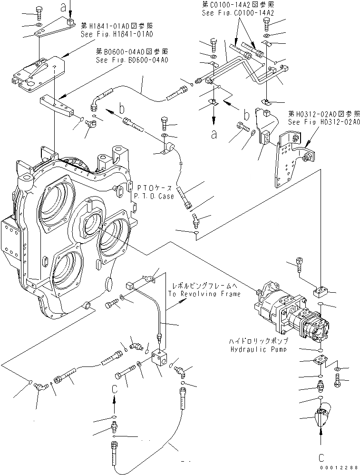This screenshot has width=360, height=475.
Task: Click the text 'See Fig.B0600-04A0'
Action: [132, 60]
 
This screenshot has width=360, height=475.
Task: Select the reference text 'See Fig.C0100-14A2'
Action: [238, 13]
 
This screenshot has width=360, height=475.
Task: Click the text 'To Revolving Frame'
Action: [204, 294]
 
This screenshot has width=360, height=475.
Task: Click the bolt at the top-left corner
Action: [39, 10]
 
